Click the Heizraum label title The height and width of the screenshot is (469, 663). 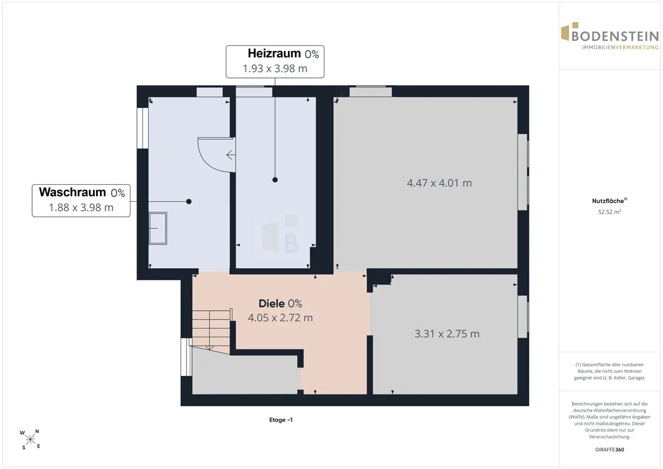coord(275,54)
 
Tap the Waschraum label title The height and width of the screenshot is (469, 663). coord(72,192)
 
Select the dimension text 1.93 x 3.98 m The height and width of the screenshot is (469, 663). coord(275,69)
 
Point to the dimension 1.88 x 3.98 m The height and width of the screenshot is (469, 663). coord(81,208)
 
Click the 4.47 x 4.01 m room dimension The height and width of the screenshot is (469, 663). coord(439,183)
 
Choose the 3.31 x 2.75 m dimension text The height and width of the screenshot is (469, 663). coord(447,334)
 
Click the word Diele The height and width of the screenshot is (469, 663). coord(272,304)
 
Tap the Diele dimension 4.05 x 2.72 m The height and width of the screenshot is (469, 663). coord(280,318)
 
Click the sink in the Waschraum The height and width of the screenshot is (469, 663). coord(158,228)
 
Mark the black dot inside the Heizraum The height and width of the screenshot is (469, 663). coord(275,180)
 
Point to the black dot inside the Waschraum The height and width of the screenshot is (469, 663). coord(189,202)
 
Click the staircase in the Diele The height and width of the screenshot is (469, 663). coord(211,331)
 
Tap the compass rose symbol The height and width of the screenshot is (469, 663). coord(30,439)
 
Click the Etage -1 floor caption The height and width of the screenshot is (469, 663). coord(281,420)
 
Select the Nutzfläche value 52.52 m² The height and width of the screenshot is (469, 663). coord(609,212)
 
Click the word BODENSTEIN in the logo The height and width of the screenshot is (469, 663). coord(615,37)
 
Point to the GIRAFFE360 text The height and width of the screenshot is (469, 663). coord(609,450)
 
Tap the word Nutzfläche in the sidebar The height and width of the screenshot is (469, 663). coord(608,201)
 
